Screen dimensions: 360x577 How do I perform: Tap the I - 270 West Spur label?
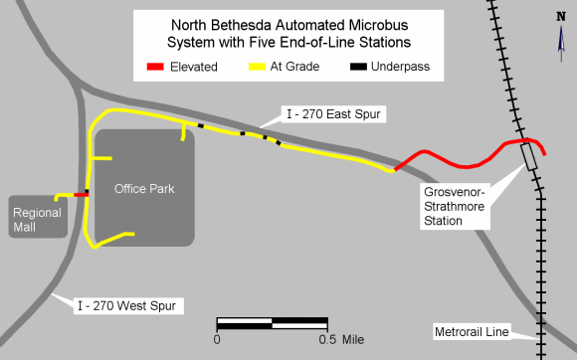coord(127,305)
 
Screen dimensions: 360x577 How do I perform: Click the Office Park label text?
coord(144,189)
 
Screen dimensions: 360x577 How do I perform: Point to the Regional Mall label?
coord(37,220)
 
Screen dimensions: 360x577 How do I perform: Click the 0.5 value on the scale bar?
coord(325,339)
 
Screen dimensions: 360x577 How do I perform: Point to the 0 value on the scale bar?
coord(216,339)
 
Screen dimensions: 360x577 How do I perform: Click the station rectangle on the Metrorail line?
coord(529,157)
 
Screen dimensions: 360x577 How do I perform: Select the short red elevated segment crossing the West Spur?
coord(80,195)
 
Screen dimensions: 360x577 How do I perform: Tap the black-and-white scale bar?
coord(272,323)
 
